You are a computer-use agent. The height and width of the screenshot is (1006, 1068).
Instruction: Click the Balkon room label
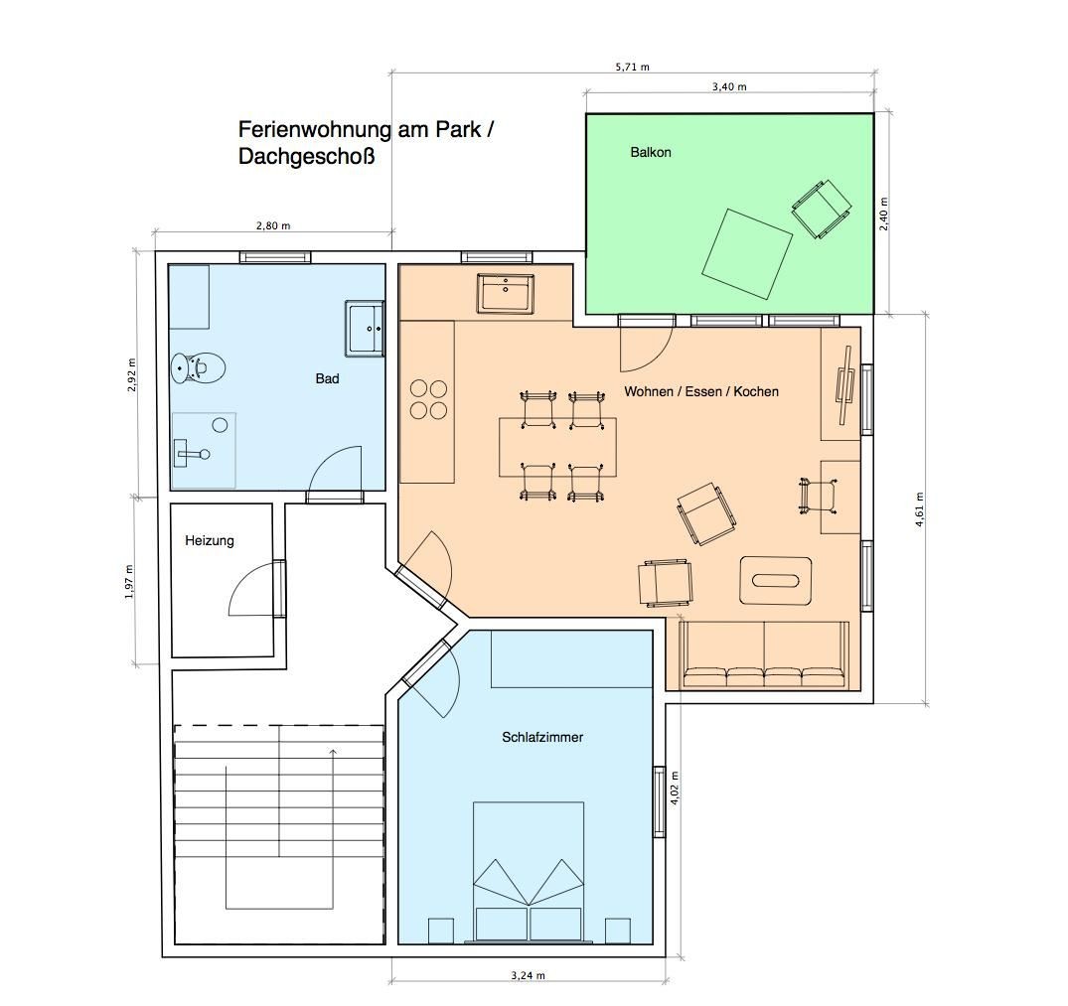point(651,153)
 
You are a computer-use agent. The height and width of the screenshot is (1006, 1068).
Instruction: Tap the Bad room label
point(327,379)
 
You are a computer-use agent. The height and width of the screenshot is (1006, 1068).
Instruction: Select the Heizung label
point(209,541)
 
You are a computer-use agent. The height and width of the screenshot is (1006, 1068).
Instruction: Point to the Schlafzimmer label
point(542,737)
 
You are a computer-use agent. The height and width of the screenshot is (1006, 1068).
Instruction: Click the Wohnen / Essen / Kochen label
point(700,391)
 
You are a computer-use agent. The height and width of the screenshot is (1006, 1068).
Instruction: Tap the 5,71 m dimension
point(632,67)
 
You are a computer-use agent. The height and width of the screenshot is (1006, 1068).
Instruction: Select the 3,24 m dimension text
point(528,975)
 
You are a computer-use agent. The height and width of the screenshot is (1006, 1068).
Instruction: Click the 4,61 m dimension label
point(920,510)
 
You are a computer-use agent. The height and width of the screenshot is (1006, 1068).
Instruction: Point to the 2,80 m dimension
point(273,226)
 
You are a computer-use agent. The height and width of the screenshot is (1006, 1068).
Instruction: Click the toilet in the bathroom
point(197,368)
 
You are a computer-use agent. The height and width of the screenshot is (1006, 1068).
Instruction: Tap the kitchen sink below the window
point(506,293)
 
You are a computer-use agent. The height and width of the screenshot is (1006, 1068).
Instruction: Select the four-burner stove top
point(428,399)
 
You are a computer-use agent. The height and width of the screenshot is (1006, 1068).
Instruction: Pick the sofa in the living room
point(764,654)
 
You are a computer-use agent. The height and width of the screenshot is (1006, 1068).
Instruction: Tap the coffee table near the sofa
point(776,580)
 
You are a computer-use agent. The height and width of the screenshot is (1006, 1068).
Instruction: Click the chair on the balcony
point(822,209)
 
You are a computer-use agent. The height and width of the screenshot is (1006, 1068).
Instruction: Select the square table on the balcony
point(747,254)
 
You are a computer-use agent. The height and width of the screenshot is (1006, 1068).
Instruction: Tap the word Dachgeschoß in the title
point(307,157)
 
